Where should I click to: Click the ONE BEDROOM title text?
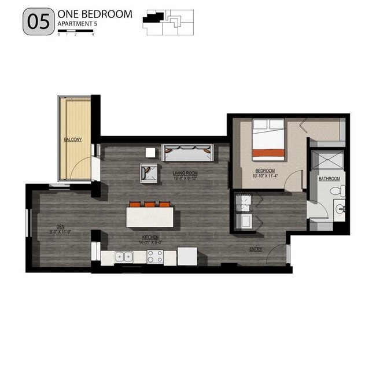pyautogui.click(x=95, y=14)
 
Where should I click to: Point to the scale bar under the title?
pyautogui.click(x=76, y=31)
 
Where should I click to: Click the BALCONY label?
pyautogui.click(x=73, y=139)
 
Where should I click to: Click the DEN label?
pyautogui.click(x=60, y=226)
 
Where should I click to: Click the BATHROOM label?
pyautogui.click(x=329, y=179)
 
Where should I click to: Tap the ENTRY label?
pyautogui.click(x=256, y=249)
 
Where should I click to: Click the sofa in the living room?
pyautogui.click(x=187, y=153)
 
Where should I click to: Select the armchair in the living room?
pyautogui.click(x=149, y=172)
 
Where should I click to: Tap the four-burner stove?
pyautogui.click(x=154, y=256)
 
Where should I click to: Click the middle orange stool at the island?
pyautogui.click(x=150, y=204)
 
